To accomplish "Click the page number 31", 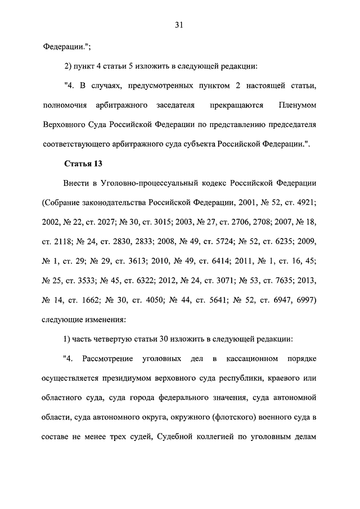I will tap(179, 24).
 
